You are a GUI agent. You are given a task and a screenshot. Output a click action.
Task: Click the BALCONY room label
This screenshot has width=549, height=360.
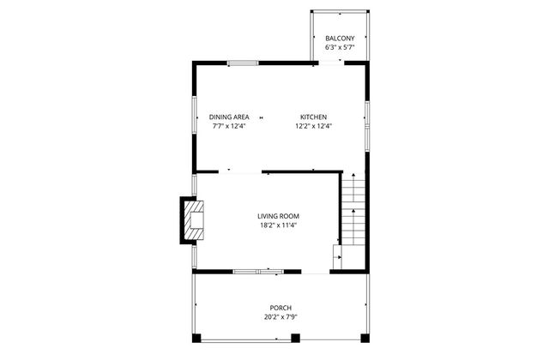[340, 39]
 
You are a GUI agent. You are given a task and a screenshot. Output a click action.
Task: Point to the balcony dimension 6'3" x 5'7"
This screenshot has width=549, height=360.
[340, 48]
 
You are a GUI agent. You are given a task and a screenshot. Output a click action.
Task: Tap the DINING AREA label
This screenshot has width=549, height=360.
[229, 117]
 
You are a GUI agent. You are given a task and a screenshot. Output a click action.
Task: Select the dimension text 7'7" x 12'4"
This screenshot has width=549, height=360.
[229, 126]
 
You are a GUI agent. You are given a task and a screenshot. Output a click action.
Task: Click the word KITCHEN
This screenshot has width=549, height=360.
[313, 117]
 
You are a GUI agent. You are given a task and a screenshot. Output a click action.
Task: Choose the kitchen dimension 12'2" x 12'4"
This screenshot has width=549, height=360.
[313, 126]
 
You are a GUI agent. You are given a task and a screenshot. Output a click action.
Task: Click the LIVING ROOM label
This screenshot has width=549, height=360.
[279, 216]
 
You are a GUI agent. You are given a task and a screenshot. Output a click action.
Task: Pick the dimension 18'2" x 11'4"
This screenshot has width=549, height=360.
[279, 225]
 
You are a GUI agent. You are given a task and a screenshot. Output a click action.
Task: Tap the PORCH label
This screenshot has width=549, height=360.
[281, 308]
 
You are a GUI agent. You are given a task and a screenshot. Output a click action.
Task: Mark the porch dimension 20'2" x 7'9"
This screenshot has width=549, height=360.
[281, 317]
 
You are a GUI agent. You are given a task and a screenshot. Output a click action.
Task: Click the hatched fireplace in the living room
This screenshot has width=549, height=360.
[192, 221]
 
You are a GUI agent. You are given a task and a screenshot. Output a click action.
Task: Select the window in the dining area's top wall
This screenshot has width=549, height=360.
[243, 62]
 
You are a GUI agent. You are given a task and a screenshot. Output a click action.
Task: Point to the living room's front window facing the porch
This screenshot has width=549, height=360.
[256, 272]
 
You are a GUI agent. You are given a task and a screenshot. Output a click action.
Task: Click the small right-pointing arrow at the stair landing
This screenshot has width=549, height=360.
[338, 255]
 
